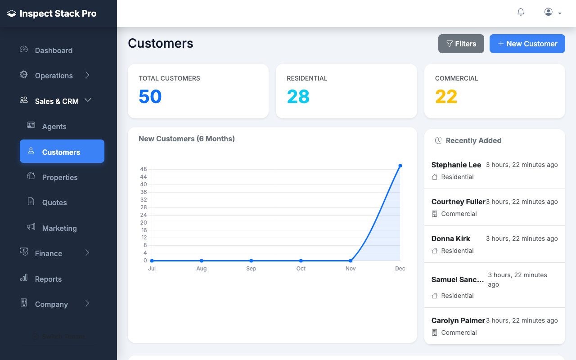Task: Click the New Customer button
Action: click(527, 44)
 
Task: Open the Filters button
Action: click(461, 44)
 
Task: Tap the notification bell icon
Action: click(521, 12)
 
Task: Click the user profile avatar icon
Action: click(548, 12)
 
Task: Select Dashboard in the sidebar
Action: click(54, 50)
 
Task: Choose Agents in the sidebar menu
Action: click(54, 126)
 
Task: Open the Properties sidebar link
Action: click(59, 177)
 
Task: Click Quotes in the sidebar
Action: click(54, 202)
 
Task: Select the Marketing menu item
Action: click(59, 228)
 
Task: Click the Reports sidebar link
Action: click(48, 279)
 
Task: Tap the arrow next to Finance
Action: click(87, 253)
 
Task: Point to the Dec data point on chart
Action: click(400, 166)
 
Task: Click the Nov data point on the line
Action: click(351, 261)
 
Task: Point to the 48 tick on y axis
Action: click(144, 169)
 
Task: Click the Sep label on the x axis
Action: click(251, 269)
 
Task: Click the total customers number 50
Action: click(150, 97)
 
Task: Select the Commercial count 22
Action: click(446, 97)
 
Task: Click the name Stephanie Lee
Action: click(456, 165)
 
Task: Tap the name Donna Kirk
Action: click(450, 238)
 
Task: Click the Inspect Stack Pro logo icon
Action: click(12, 14)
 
